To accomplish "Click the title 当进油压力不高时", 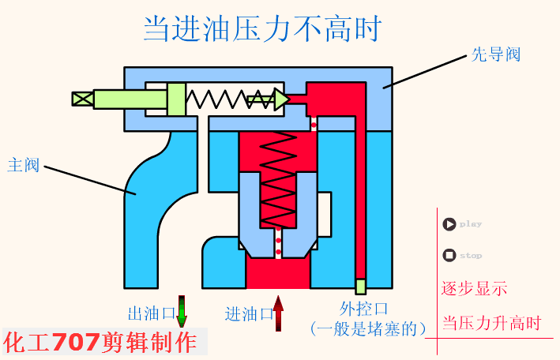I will [x=262, y=29].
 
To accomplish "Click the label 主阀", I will [x=23, y=165].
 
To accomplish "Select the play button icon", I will [x=449, y=224].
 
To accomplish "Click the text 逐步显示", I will [x=474, y=288].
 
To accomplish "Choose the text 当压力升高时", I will [x=490, y=323].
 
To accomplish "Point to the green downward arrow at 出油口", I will [x=182, y=312].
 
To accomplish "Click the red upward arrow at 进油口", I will [x=278, y=313].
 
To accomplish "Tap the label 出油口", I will [x=151, y=313].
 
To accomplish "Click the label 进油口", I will [x=248, y=313].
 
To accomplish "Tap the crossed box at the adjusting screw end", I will [x=82, y=99].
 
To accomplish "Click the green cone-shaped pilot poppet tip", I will [x=281, y=99].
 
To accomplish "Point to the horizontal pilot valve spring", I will [x=218, y=99].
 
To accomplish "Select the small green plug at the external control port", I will [x=360, y=286].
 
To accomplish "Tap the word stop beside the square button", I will [x=471, y=256].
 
